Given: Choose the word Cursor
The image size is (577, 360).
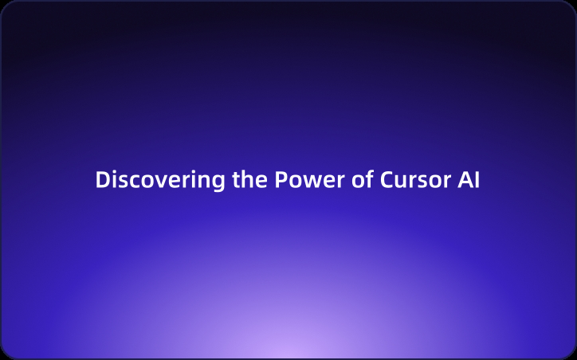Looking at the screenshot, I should click(x=412, y=180).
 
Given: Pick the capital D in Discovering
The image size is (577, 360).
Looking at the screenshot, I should click(x=101, y=180).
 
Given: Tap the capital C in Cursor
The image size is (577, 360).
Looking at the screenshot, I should click(x=387, y=180).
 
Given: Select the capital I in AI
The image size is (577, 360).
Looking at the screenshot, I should click(x=477, y=180).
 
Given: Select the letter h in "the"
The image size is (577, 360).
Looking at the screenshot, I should click(x=248, y=180).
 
